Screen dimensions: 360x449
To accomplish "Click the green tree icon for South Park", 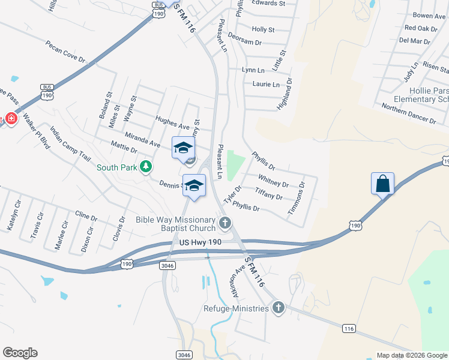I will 146,166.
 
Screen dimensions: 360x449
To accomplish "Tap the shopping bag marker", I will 382,184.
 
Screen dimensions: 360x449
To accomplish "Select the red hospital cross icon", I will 10,118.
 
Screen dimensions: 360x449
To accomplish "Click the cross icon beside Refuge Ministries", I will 277,308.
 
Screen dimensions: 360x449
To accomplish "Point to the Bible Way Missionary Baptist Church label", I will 176,223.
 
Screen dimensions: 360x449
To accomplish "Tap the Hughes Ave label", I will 172,122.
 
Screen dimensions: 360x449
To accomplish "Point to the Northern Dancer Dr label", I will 409,113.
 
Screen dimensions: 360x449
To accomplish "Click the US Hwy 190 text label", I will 200,241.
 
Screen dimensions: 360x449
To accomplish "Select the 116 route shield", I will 349,328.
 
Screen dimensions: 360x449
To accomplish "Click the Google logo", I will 20,353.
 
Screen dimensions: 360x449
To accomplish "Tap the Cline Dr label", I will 86,215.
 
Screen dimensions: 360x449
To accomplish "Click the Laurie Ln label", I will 266,85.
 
